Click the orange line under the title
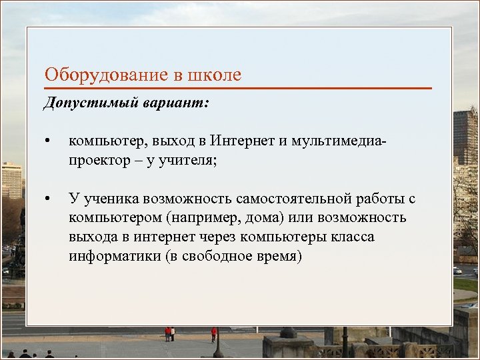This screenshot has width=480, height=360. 238,88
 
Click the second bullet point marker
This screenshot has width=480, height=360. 47,199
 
